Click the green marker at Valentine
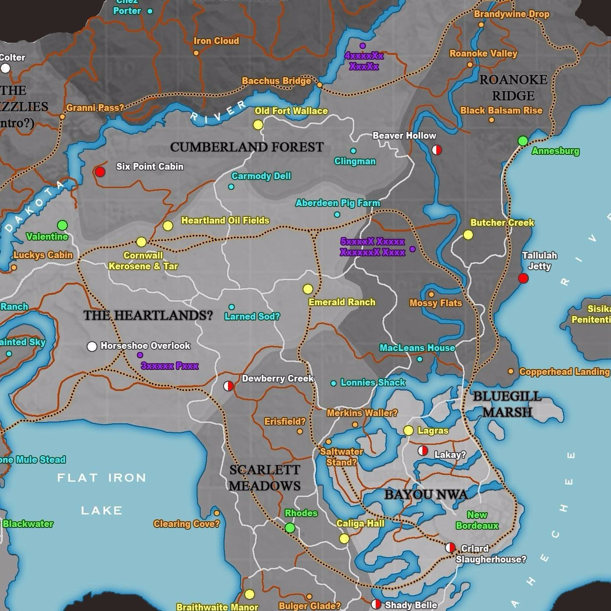62,225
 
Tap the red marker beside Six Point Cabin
100,172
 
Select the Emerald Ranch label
342,302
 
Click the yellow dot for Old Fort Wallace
258,125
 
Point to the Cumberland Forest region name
246,147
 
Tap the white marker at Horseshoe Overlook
92,346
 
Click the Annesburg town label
555,151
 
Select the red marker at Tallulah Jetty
523,278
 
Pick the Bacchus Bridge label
276,81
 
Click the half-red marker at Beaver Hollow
436,150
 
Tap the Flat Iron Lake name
101,493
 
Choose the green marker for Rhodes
290,527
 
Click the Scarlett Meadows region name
264,478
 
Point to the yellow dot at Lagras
408,430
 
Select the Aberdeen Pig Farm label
338,203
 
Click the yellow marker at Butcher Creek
468,235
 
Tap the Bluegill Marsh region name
507,404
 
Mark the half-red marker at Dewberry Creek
229,386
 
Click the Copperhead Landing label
564,372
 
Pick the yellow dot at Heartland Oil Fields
168,226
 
